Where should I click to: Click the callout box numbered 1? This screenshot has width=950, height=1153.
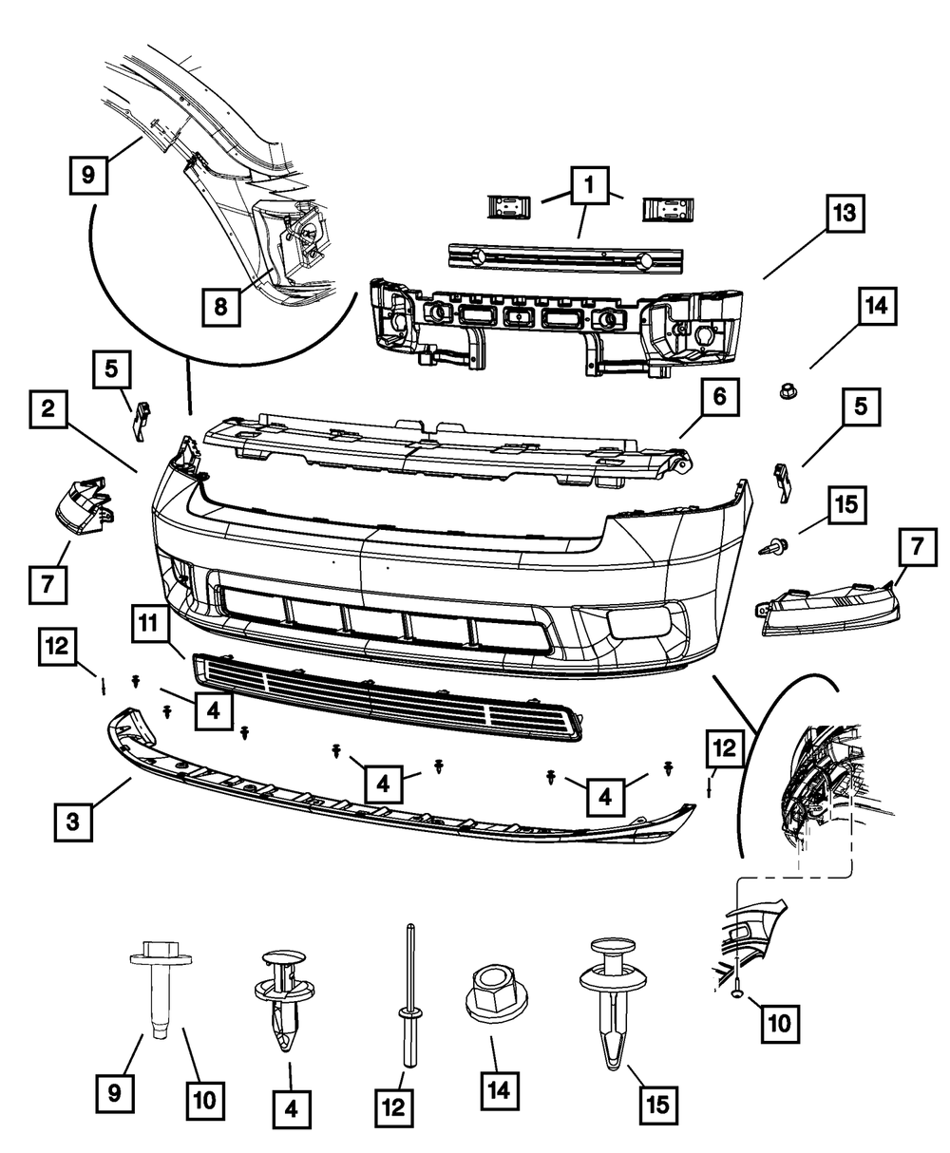pos(590,183)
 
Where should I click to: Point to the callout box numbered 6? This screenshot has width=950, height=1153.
pos(719,398)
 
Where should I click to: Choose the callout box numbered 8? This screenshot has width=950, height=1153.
pos(220,306)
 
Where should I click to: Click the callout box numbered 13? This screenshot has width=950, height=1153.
pos(843,214)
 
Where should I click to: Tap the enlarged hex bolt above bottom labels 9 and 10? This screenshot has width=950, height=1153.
pos(155,988)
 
